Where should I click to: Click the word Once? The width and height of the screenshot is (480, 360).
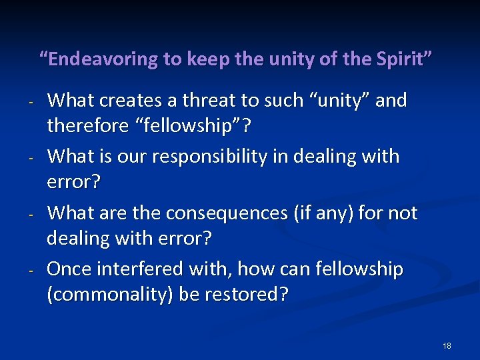click(x=69, y=270)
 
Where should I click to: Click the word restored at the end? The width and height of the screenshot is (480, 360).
click(x=251, y=294)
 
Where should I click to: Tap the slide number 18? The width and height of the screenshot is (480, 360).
click(x=447, y=345)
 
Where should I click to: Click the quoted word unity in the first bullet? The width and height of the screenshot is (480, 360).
click(x=337, y=101)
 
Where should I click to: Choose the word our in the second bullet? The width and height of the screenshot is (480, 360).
click(x=132, y=157)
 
